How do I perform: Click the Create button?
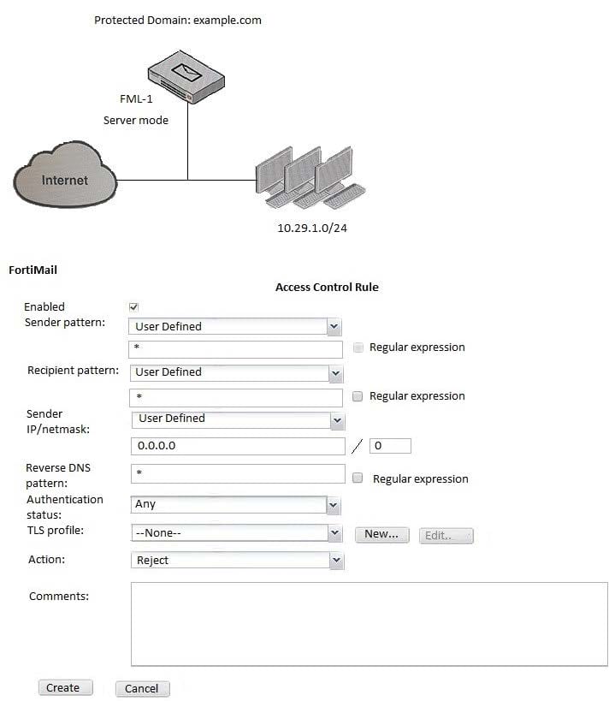[62, 687]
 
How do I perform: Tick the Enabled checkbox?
[133, 307]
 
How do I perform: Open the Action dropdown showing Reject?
[236, 561]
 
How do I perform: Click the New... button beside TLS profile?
[381, 534]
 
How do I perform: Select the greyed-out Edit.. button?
[446, 535]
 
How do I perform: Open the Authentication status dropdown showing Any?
[236, 505]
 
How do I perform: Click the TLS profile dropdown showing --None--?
[236, 532]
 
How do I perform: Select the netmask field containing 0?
[390, 446]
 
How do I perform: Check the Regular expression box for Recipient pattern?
[358, 396]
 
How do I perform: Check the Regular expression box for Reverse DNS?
[358, 478]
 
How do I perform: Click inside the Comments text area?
[369, 623]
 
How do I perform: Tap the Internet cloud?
[64, 179]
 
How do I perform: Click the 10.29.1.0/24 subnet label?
[311, 229]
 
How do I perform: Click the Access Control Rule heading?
[327, 287]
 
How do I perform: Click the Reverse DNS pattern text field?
[237, 473]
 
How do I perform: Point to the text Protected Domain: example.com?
[178, 20]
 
